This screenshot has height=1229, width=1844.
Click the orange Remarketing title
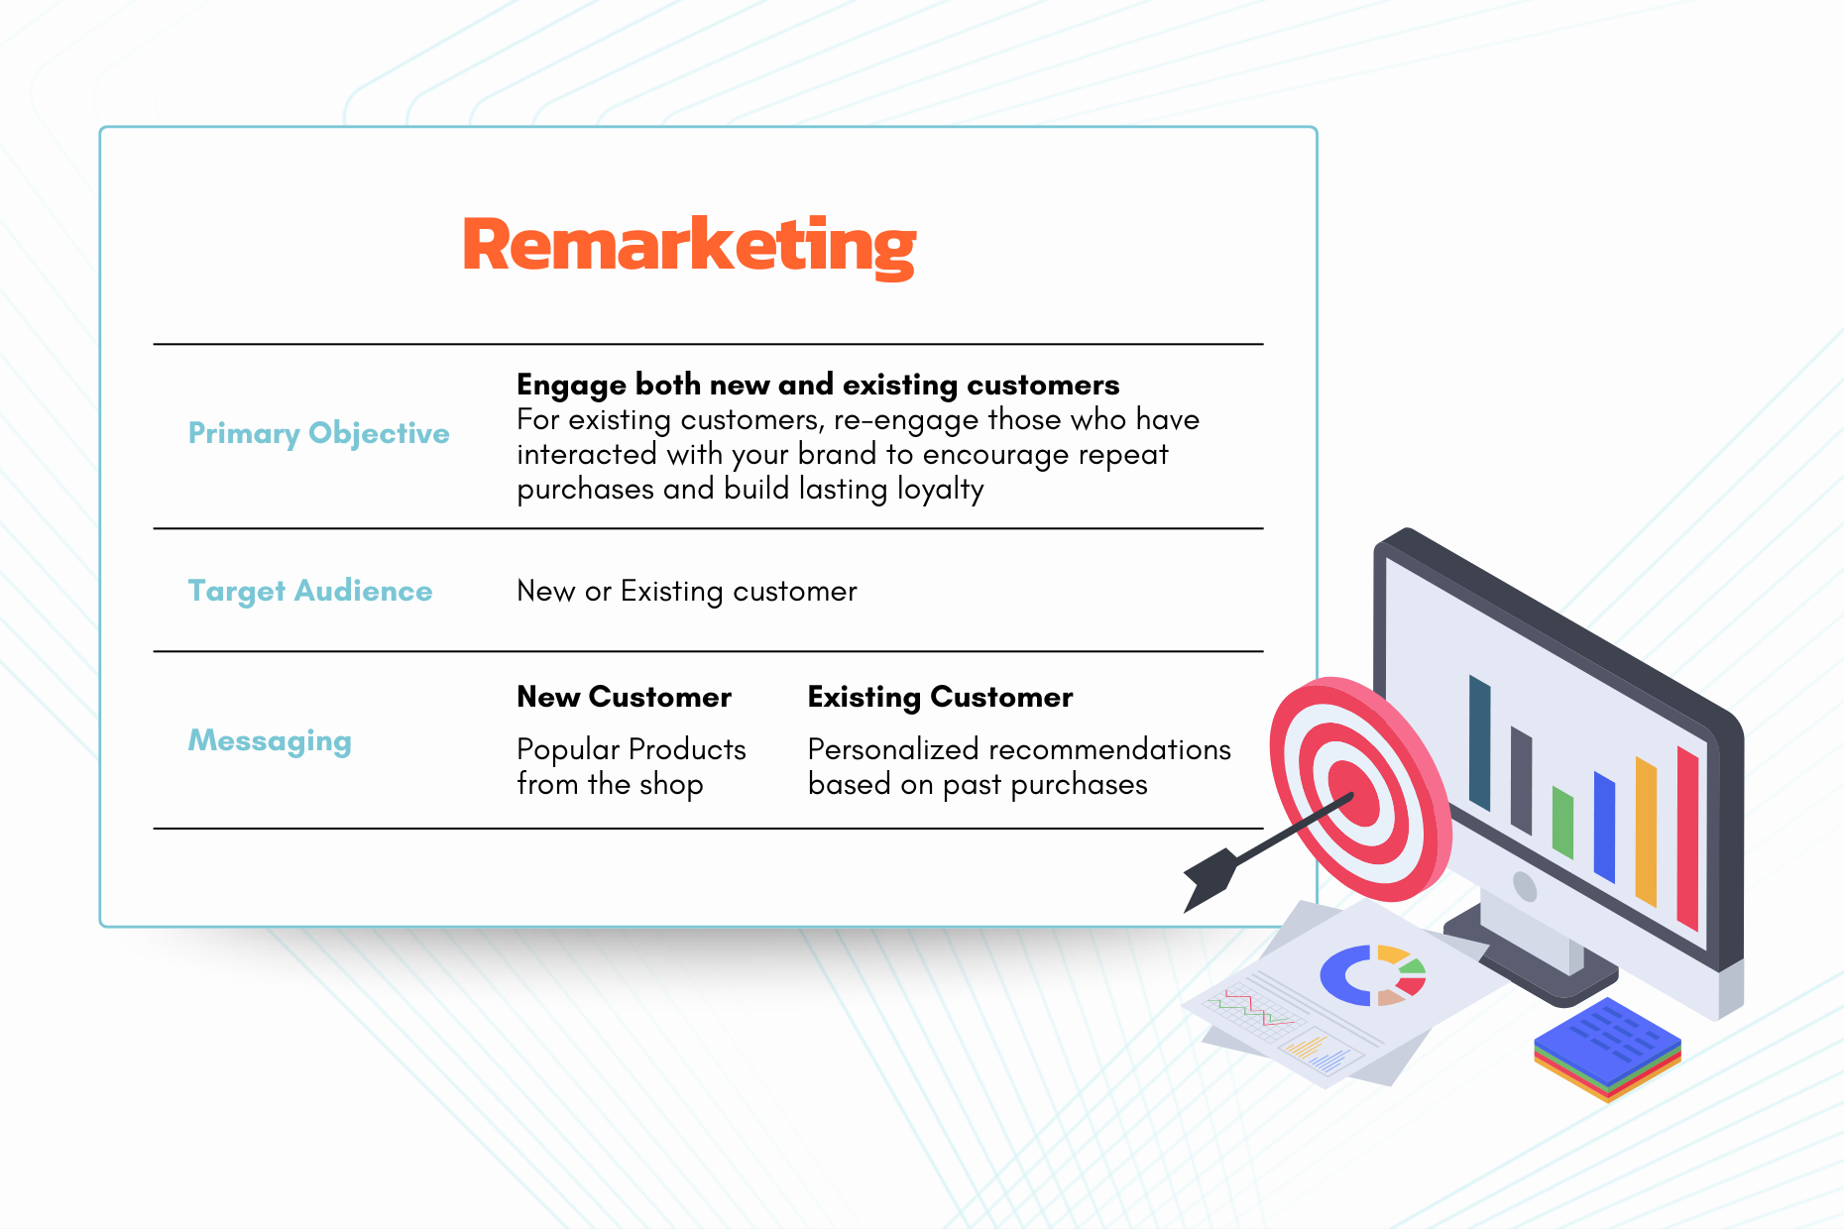click(689, 246)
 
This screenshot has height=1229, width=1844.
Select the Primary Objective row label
click(319, 434)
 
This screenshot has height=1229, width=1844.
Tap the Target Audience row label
click(310, 592)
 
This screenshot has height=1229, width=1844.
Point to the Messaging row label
click(270, 741)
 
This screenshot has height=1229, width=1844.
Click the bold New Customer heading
click(625, 697)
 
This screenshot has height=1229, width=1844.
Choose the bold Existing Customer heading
click(941, 697)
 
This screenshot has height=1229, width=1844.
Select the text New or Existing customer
click(687, 592)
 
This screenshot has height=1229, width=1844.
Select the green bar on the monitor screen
click(1562, 823)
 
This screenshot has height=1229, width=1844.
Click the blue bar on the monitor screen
click(1604, 827)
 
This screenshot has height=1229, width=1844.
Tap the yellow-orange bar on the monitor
click(1646, 832)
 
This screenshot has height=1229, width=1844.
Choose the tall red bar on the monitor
click(1687, 838)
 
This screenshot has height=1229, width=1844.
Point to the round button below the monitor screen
click(1525, 886)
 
